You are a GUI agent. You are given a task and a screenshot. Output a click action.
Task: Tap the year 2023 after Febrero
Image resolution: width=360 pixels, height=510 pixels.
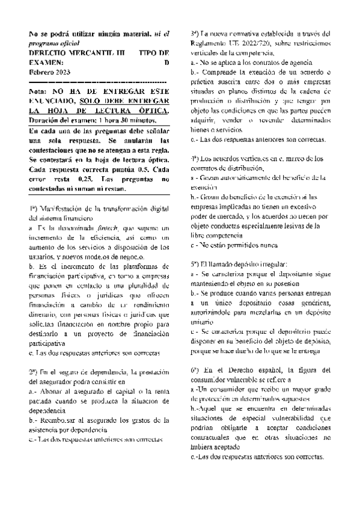[71, 72]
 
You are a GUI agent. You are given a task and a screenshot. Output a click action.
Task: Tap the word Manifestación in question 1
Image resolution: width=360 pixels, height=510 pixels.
[68, 209]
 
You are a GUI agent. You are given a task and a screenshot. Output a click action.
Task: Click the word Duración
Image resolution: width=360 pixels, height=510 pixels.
[44, 119]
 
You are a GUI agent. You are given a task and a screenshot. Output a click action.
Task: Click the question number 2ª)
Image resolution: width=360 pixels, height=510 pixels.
[35, 371]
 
